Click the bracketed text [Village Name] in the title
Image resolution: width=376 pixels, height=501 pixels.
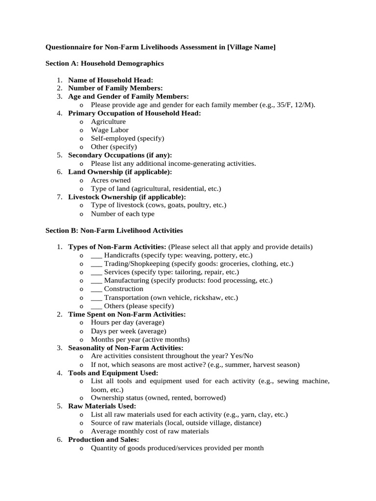pyautogui.click(x=251, y=47)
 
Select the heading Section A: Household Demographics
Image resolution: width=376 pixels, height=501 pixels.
pyautogui.click(x=104, y=64)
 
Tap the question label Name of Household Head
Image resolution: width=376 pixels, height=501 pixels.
pyautogui.click(x=111, y=80)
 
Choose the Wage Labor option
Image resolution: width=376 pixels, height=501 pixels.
pyautogui.click(x=110, y=130)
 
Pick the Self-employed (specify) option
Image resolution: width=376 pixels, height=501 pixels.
pyautogui.click(x=127, y=138)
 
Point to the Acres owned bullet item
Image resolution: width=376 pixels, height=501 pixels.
pyautogui.click(x=111, y=180)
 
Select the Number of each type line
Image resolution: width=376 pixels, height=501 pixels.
pyautogui.click(x=122, y=214)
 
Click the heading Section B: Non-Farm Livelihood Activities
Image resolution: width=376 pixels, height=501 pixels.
pyautogui.click(x=114, y=230)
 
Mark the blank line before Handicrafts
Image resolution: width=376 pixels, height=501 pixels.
pyautogui.click(x=96, y=256)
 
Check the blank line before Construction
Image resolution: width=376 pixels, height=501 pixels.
pyautogui.click(x=96, y=289)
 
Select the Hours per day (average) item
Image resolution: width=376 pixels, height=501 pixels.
pyautogui.click(x=127, y=322)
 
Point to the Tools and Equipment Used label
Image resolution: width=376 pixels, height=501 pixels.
pyautogui.click(x=113, y=373)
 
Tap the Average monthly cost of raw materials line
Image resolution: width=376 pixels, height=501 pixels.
pyautogui.click(x=150, y=431)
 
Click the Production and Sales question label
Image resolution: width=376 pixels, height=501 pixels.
pyautogui.click(x=104, y=439)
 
